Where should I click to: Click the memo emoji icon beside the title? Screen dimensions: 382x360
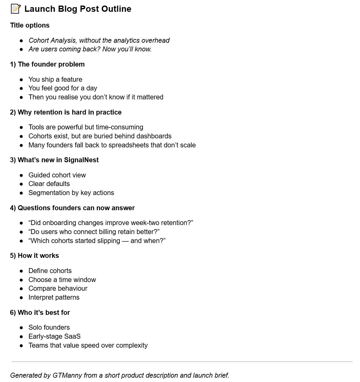(x=15, y=9)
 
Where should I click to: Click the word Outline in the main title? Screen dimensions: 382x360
(x=116, y=9)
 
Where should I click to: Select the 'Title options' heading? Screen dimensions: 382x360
(x=30, y=25)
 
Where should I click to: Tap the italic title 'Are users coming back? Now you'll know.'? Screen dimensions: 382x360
(x=90, y=49)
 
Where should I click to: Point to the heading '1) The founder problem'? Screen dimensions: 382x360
(x=47, y=64)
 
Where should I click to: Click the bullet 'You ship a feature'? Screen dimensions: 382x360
(x=55, y=80)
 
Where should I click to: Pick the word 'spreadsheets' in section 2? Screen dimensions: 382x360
(x=130, y=145)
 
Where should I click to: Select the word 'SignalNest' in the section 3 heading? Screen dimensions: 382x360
(x=81, y=160)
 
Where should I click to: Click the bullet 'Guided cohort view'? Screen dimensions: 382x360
(x=57, y=175)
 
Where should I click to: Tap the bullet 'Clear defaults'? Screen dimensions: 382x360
(x=49, y=184)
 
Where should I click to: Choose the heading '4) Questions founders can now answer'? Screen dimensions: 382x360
(x=72, y=208)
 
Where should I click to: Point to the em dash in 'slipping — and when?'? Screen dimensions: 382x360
(x=125, y=241)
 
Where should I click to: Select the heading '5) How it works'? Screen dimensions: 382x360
(x=34, y=256)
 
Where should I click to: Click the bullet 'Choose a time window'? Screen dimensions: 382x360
(x=62, y=280)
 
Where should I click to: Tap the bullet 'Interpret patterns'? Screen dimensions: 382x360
(x=54, y=297)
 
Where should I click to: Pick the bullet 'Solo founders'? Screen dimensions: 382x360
(x=49, y=328)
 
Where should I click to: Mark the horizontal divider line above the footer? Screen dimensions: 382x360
(x=182, y=362)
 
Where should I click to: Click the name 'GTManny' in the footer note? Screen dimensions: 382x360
(x=67, y=375)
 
